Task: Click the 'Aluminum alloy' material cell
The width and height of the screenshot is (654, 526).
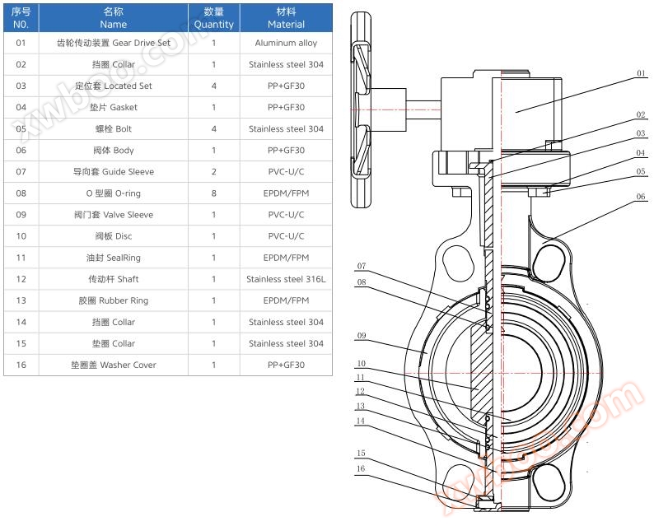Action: [286, 43]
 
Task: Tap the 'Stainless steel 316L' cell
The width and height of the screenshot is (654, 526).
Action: [286, 279]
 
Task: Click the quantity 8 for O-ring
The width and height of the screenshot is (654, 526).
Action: [213, 193]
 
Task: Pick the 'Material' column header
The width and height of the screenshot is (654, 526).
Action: [286, 18]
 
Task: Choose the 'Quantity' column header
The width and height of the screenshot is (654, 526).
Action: [213, 18]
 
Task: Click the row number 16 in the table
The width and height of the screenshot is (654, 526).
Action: [21, 365]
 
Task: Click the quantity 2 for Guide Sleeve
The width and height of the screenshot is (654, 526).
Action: [213, 172]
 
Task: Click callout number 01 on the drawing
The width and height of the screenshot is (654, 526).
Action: [641, 74]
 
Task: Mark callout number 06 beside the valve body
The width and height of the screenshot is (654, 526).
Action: [641, 198]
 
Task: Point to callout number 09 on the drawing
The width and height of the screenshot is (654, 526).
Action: [362, 336]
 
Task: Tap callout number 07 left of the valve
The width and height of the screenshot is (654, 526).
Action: [362, 266]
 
